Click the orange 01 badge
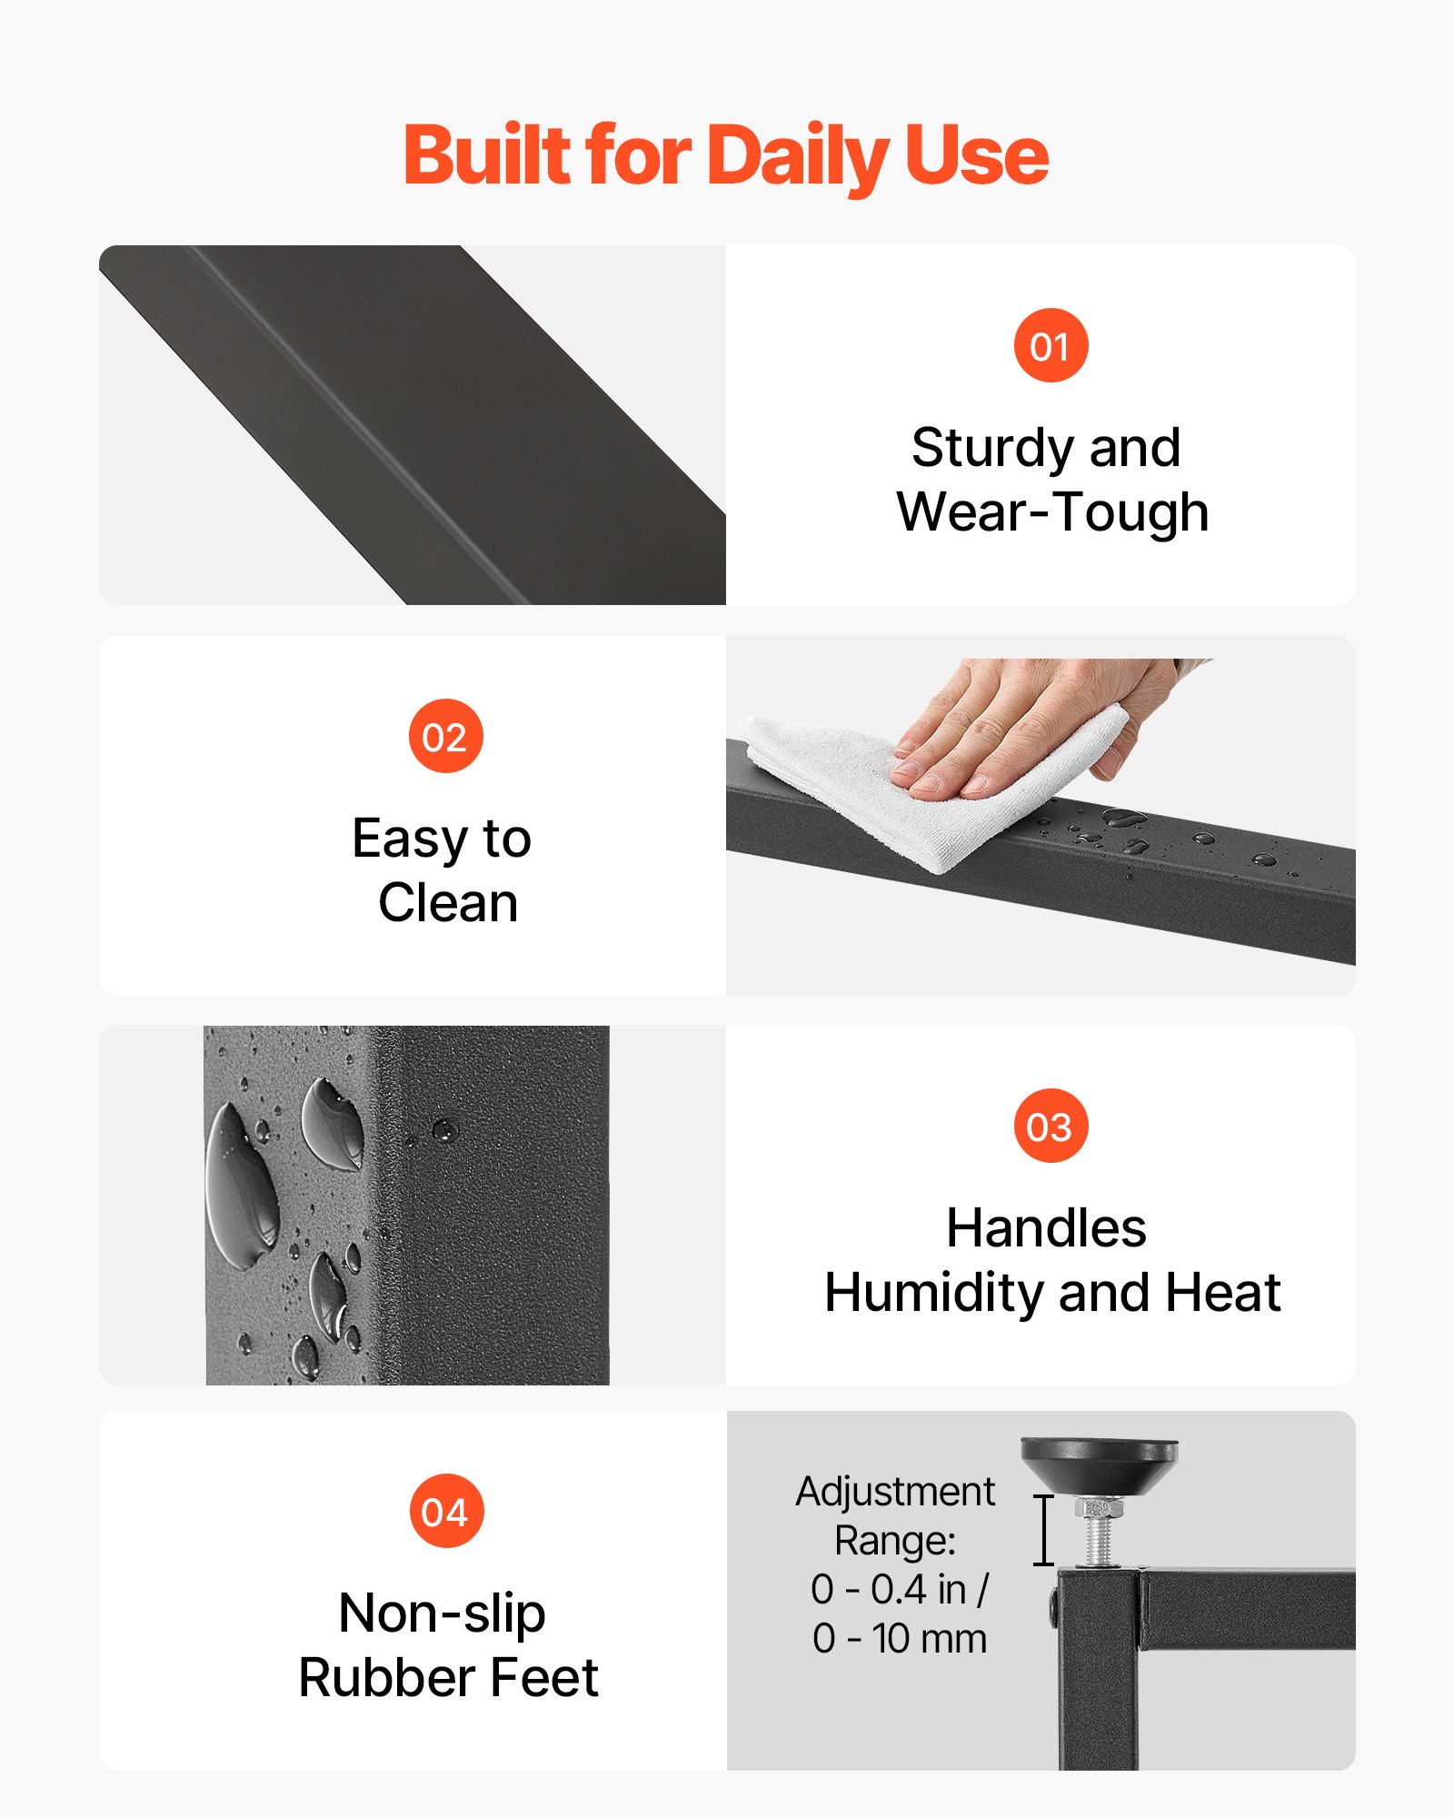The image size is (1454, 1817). (1051, 345)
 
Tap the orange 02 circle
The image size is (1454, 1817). (445, 736)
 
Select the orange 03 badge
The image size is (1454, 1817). (1051, 1126)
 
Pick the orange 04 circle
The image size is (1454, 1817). (446, 1511)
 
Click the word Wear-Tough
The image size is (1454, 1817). (1052, 511)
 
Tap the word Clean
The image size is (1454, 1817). (448, 903)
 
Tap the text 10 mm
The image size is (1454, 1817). (929, 1639)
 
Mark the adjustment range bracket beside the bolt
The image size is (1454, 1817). (1044, 1530)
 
